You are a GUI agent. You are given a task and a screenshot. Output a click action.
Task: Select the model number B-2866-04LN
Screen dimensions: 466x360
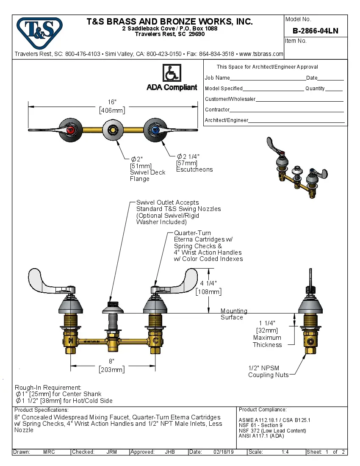pos(315,31)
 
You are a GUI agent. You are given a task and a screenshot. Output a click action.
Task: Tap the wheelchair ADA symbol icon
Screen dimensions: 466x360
pos(172,73)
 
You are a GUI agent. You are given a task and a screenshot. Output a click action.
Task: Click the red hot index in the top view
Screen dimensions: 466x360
pos(72,130)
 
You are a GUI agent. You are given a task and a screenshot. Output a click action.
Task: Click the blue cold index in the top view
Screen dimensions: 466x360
pos(155,130)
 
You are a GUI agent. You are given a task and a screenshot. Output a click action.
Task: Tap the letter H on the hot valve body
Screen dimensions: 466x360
pos(70,341)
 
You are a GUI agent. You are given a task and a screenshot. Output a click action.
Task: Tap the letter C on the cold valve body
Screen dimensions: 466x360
pos(155,341)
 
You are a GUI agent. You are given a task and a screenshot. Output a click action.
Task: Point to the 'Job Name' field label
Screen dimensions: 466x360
pos(217,78)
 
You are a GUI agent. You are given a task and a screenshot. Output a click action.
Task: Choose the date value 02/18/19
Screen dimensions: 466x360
pos(223,452)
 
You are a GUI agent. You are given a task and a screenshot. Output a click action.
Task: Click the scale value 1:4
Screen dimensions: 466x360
pos(285,452)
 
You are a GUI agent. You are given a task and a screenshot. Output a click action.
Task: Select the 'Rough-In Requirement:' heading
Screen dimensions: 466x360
pos(48,387)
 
